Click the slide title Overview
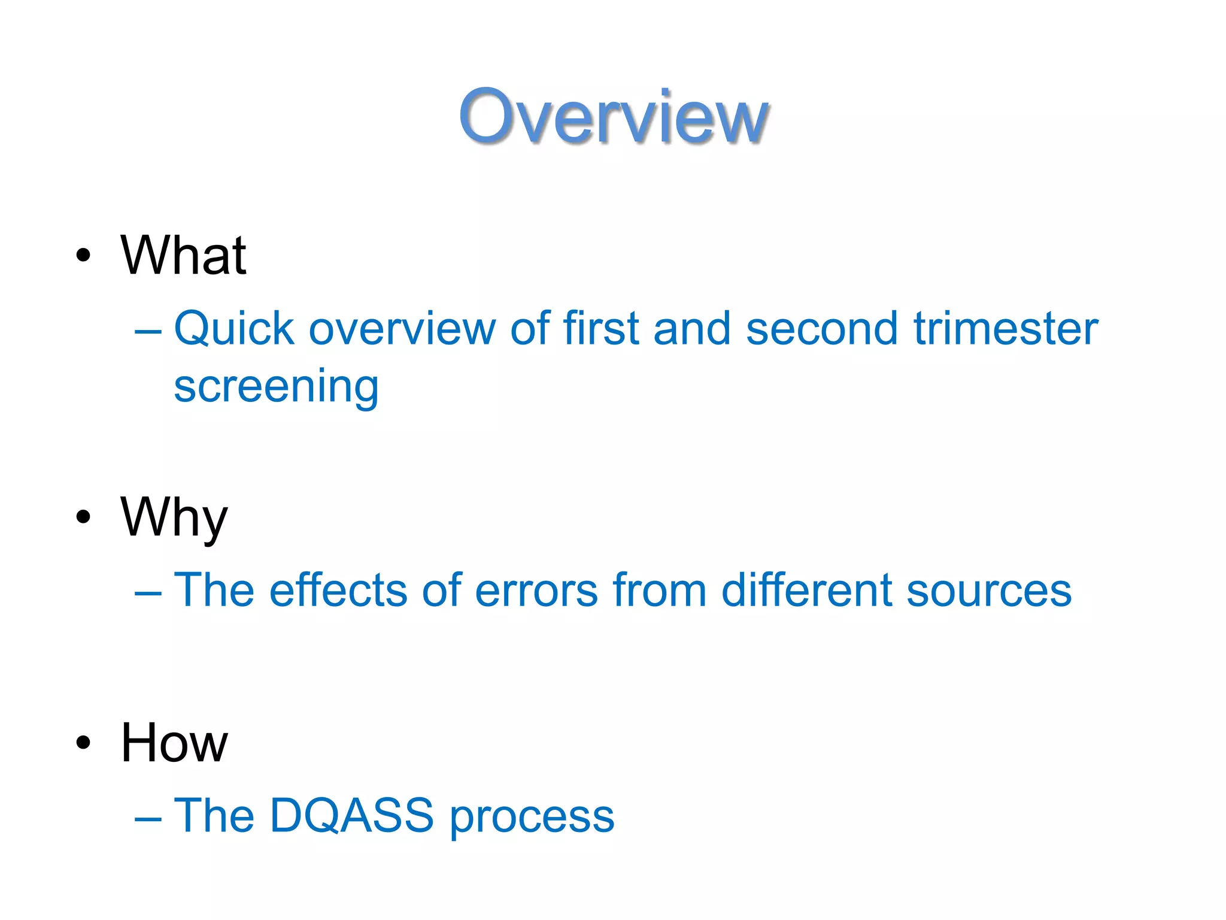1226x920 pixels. coord(613,117)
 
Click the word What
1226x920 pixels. coord(183,256)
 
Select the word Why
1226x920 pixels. coord(174,517)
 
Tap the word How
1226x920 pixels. coord(174,743)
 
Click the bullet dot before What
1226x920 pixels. coord(83,256)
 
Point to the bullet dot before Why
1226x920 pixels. coord(83,517)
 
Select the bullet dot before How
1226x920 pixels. coord(83,743)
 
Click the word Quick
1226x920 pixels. coord(234,329)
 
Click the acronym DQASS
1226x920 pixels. coord(351,815)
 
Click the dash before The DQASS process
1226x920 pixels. coord(148,818)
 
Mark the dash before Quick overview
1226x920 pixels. coord(148,331)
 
